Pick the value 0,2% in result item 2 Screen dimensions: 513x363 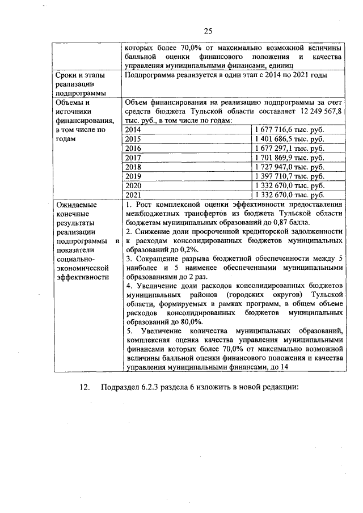[x=189, y=249]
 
